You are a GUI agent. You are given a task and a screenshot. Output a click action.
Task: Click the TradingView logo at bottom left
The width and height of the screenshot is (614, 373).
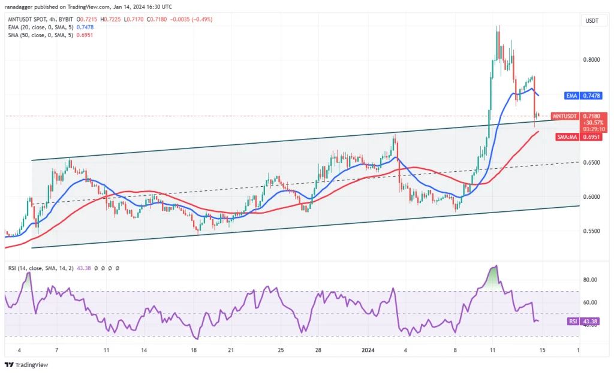click(x=26, y=365)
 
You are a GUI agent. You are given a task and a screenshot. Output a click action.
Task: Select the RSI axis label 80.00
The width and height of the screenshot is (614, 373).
click(x=590, y=280)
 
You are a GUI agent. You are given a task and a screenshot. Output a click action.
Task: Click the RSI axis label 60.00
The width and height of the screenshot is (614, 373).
click(x=590, y=302)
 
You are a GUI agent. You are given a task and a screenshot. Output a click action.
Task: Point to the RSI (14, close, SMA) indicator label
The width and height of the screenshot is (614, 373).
click(x=40, y=268)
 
